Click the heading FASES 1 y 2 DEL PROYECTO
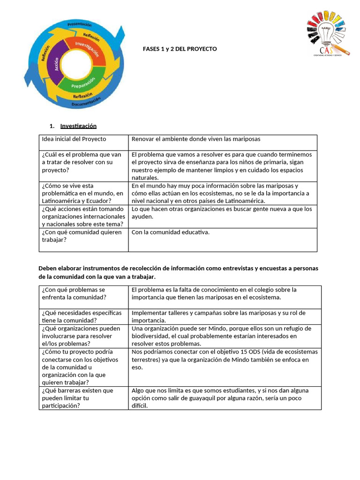(x=180, y=49)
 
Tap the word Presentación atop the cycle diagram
(x=79, y=24)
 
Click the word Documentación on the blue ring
(x=86, y=102)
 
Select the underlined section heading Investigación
(x=78, y=126)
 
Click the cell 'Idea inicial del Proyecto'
(x=74, y=139)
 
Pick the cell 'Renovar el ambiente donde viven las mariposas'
(x=196, y=139)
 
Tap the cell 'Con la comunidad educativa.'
(x=171, y=232)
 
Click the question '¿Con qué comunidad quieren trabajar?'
(x=82, y=236)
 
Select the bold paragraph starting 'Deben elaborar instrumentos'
(x=178, y=272)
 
